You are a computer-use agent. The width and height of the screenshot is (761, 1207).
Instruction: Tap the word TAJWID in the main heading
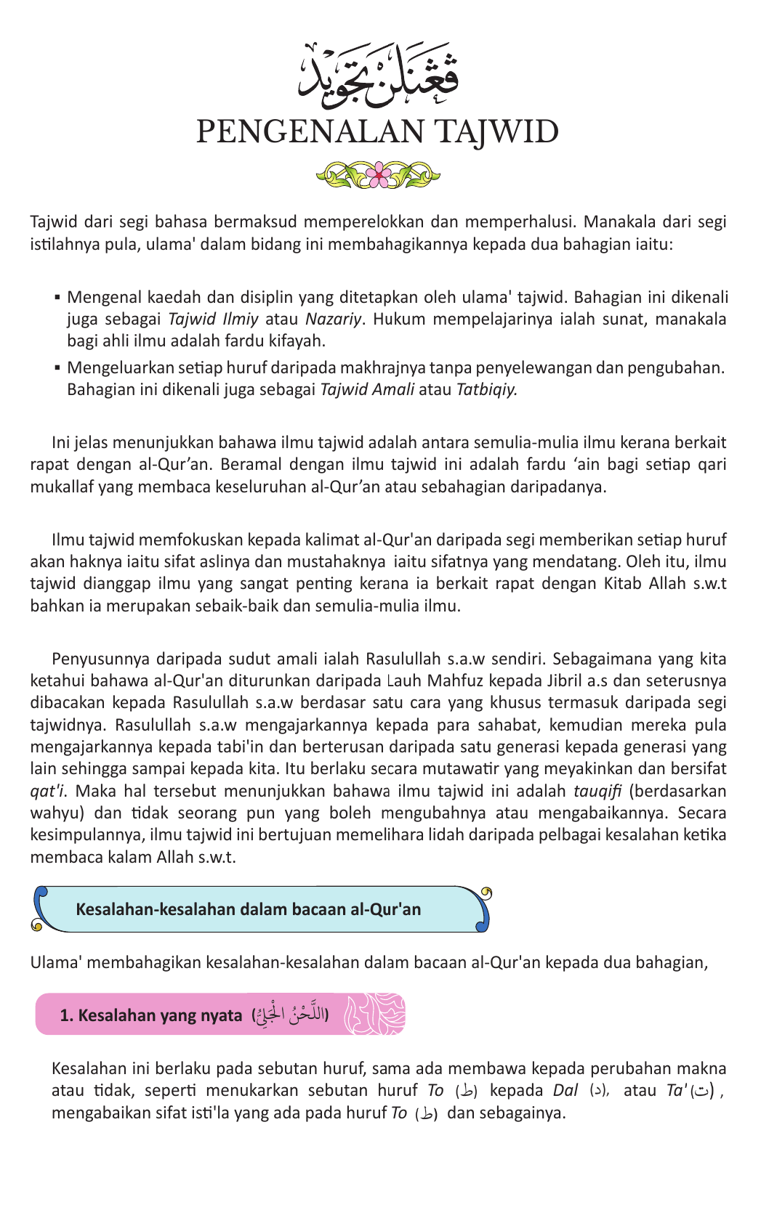(x=496, y=132)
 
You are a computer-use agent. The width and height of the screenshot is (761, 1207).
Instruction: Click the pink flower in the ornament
(x=378, y=174)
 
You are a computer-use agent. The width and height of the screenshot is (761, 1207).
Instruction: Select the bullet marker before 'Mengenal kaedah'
(x=57, y=298)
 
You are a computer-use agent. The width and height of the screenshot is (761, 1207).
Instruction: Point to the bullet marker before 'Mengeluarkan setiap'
(x=57, y=368)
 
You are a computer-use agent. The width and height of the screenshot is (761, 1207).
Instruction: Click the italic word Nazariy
(x=333, y=319)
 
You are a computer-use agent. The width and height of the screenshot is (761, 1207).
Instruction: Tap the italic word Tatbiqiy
(x=486, y=389)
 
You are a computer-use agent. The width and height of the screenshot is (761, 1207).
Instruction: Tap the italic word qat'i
(x=49, y=791)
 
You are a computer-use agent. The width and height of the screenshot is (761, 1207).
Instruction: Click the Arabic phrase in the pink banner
(x=291, y=1014)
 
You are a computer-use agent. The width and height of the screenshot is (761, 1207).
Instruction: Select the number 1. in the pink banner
(x=67, y=1015)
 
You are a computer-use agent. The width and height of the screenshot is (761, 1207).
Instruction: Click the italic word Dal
(x=565, y=1090)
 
